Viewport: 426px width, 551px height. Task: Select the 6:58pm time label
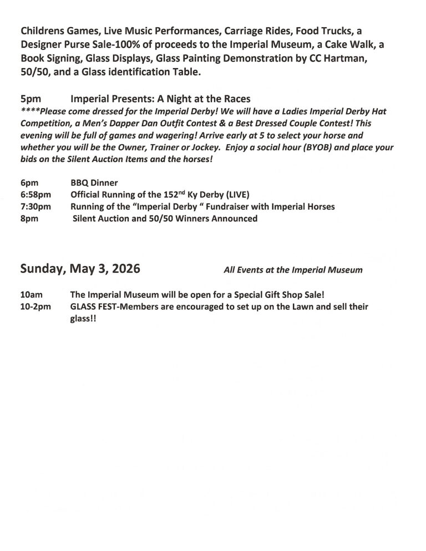[36, 195]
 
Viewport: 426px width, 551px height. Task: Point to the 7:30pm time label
[36, 207]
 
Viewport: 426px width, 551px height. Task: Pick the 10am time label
[32, 294]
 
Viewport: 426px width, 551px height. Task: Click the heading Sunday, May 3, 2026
[80, 269]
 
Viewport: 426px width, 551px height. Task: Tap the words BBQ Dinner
[94, 182]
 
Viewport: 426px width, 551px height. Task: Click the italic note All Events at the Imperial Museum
[293, 271]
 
